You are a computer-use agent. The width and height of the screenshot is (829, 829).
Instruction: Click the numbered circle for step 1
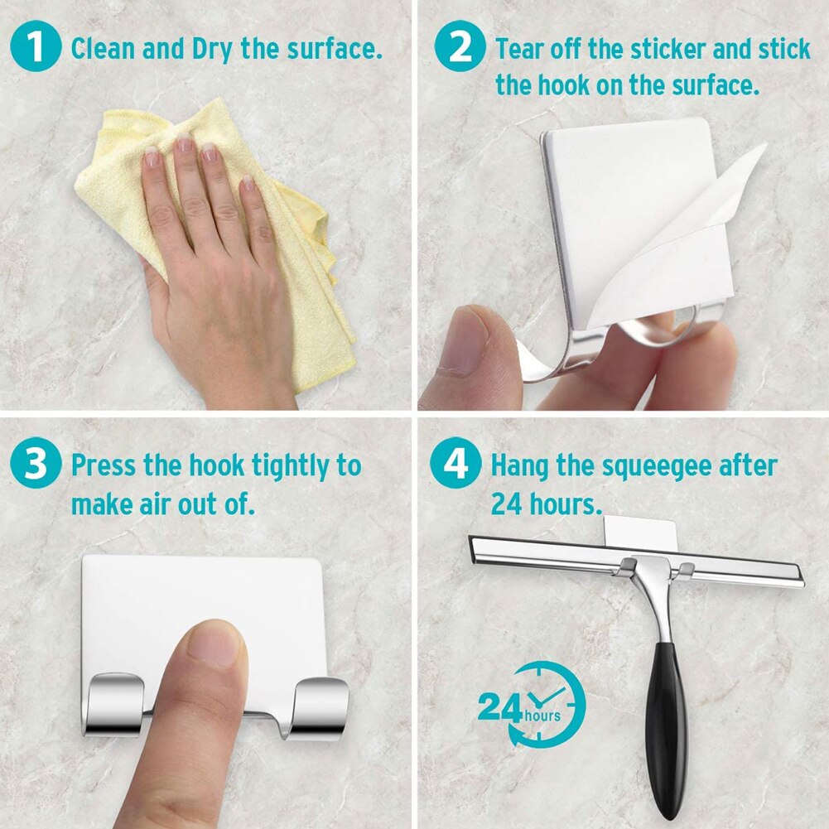click(x=36, y=47)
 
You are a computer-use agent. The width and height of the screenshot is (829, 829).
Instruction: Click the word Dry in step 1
click(x=213, y=48)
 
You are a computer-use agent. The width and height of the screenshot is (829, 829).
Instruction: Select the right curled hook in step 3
click(x=320, y=707)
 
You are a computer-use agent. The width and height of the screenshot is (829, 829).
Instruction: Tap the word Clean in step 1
click(x=103, y=48)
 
